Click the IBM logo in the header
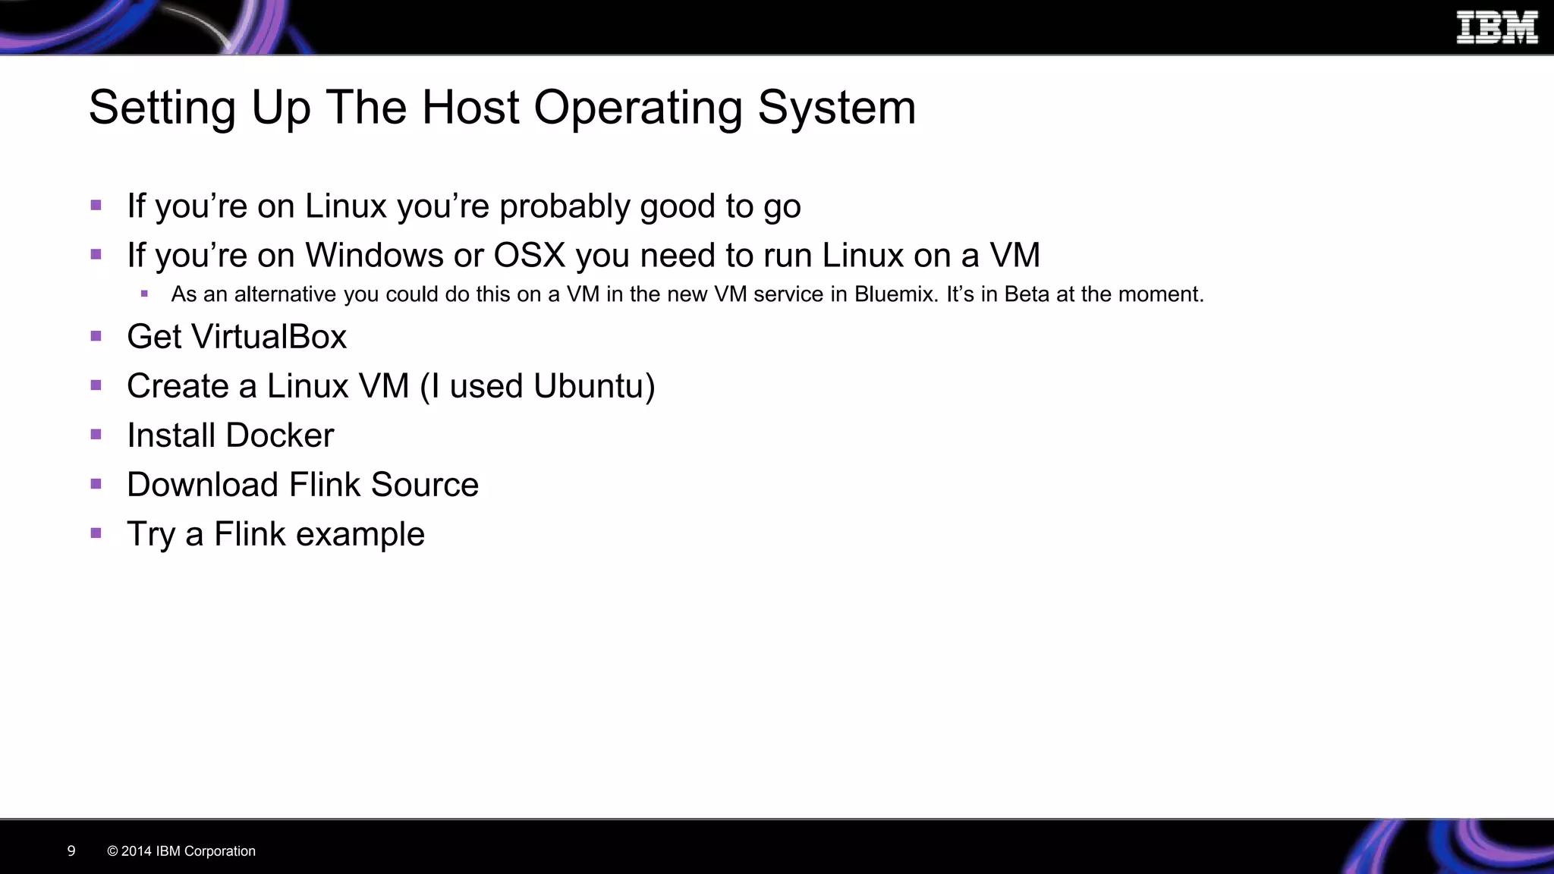point(1496,28)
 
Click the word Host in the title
point(470,107)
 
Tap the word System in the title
point(837,107)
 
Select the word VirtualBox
point(269,337)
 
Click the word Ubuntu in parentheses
point(589,386)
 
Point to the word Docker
point(279,435)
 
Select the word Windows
point(374,255)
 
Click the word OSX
point(530,255)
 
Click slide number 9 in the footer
point(71,850)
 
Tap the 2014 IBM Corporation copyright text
point(181,851)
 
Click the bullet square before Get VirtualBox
point(96,336)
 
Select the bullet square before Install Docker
point(96,435)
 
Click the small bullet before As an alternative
point(144,294)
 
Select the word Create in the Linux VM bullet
point(178,386)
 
